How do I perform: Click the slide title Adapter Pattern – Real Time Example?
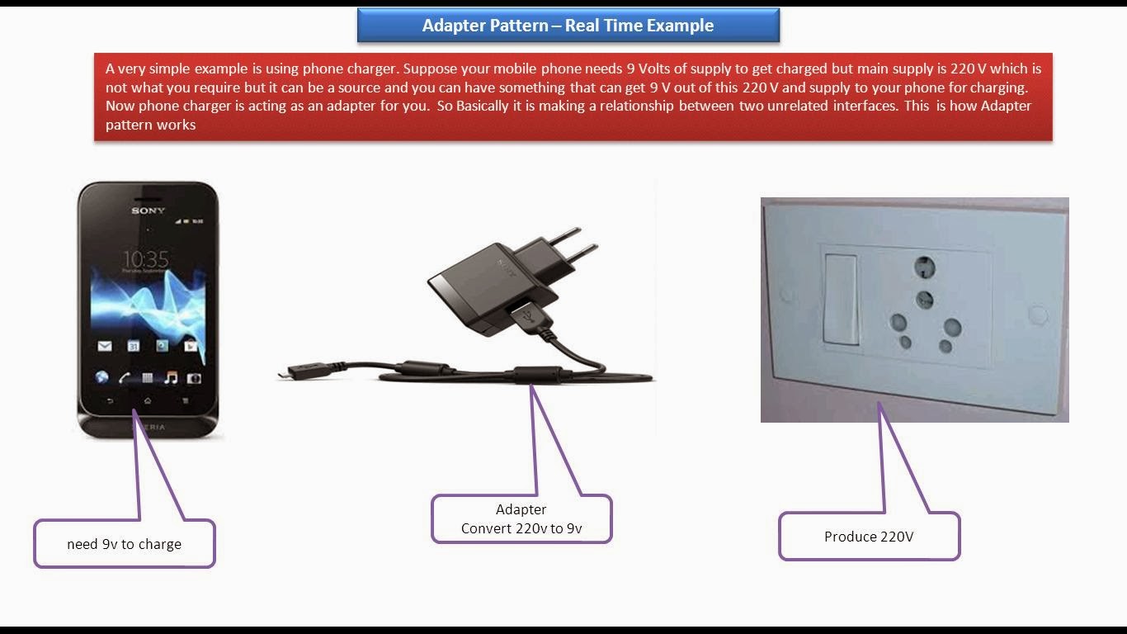click(x=568, y=26)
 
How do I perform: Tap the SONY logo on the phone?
click(x=148, y=211)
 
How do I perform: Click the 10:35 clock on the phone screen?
click(x=146, y=259)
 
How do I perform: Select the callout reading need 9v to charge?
click(x=125, y=544)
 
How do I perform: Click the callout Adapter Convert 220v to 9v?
click(x=521, y=519)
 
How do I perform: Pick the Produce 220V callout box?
click(x=869, y=537)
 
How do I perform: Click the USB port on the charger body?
click(x=521, y=314)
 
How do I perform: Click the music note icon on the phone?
click(x=171, y=378)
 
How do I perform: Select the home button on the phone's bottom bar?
click(x=147, y=400)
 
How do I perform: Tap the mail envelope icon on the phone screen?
click(x=105, y=346)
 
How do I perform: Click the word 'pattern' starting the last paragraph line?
click(x=127, y=125)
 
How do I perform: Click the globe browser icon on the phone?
click(x=101, y=378)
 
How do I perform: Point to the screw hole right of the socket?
click(x=1037, y=315)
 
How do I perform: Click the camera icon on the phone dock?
click(x=194, y=378)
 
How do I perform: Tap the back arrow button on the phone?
click(x=110, y=400)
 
